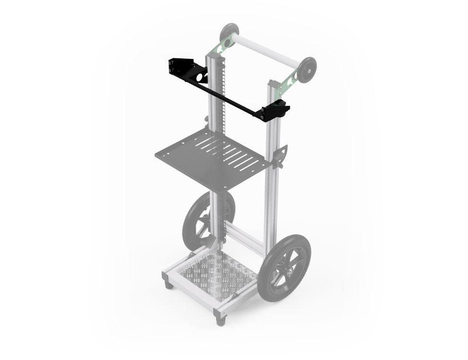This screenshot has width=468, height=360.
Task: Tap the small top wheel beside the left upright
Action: coord(229,32)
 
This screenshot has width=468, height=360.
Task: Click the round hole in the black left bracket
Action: coord(203,77)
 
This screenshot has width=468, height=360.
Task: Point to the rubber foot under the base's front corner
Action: coord(220,321)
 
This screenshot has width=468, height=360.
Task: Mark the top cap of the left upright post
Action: coord(212,57)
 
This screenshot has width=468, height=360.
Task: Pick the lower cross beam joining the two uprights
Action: coord(245,238)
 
